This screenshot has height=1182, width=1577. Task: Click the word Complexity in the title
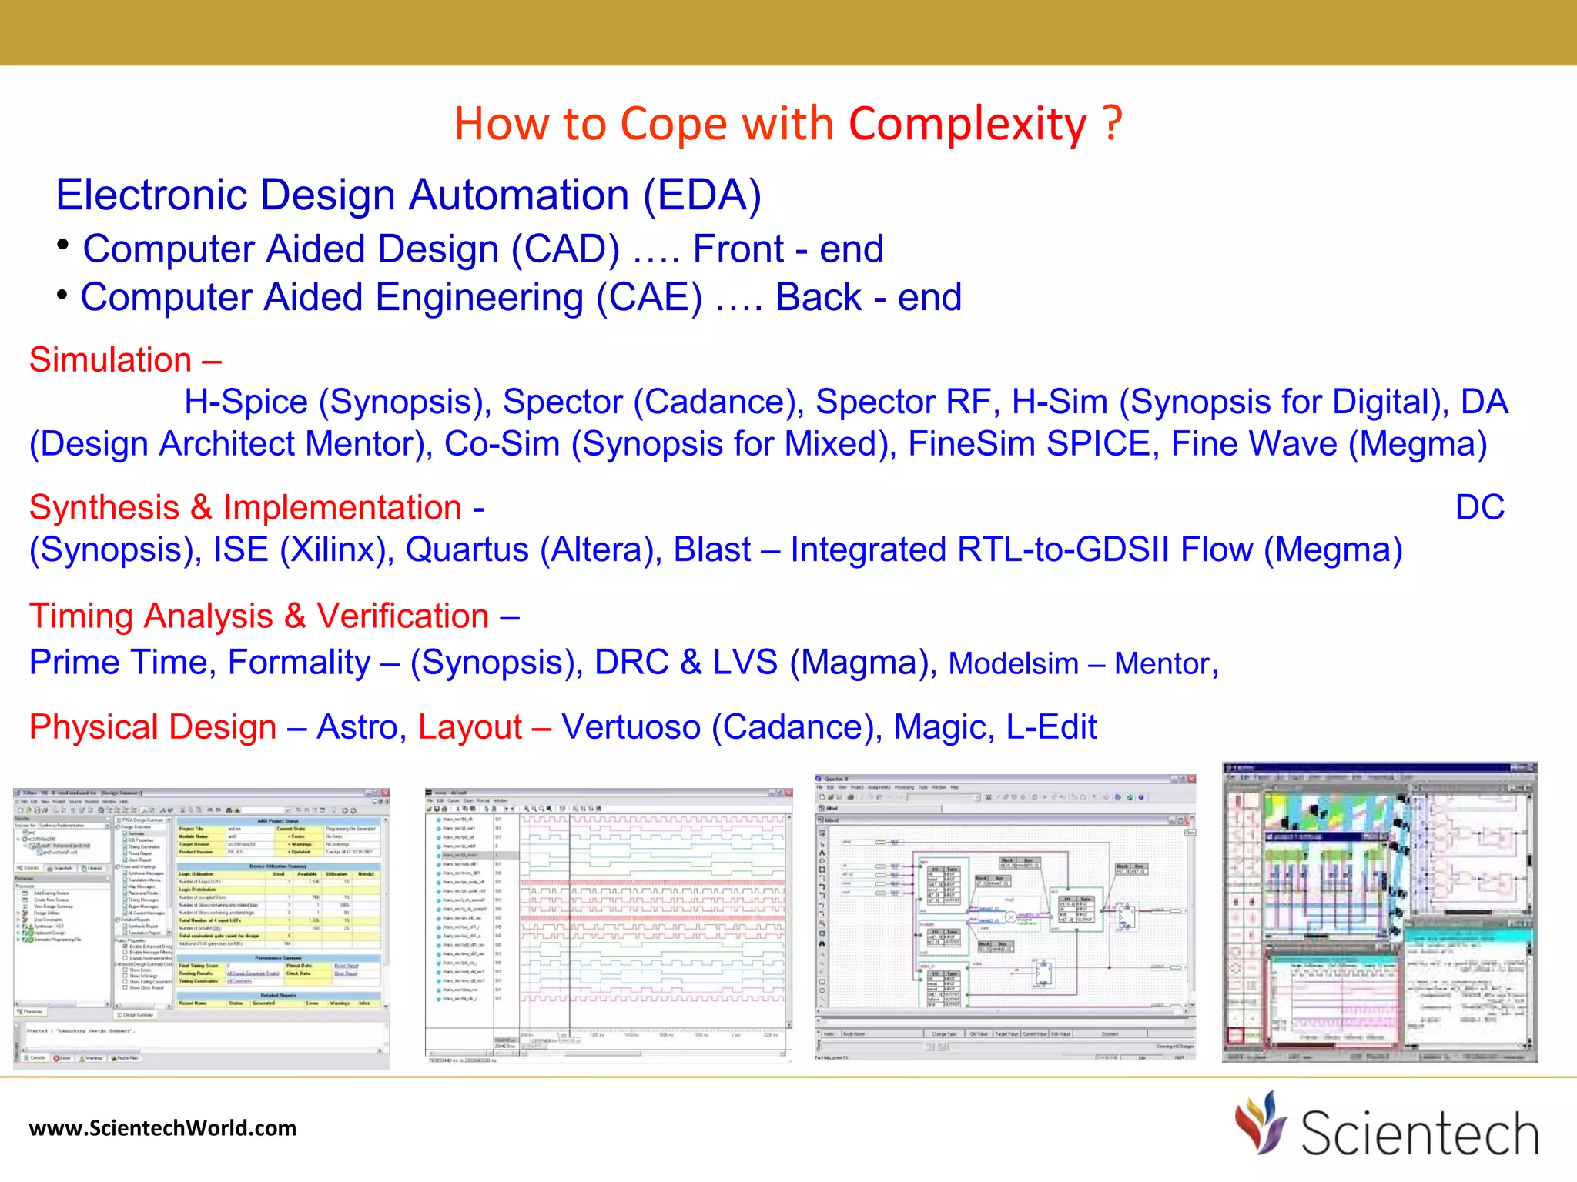pyautogui.click(x=968, y=124)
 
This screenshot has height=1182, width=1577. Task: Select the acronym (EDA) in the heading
pyautogui.click(x=701, y=195)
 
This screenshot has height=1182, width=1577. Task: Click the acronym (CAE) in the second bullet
pyautogui.click(x=649, y=298)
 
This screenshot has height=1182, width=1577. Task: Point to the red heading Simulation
pyautogui.click(x=111, y=360)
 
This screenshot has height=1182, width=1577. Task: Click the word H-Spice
pyautogui.click(x=246, y=402)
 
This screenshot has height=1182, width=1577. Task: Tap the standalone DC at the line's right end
pyautogui.click(x=1479, y=508)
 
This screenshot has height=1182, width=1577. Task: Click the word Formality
pyautogui.click(x=299, y=663)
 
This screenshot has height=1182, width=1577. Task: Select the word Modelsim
pyautogui.click(x=1013, y=664)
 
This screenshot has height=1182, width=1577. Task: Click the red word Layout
pyautogui.click(x=470, y=727)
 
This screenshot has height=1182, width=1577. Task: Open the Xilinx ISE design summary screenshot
pyautogui.click(x=202, y=927)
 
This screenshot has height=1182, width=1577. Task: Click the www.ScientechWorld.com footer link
pyautogui.click(x=162, y=1128)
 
